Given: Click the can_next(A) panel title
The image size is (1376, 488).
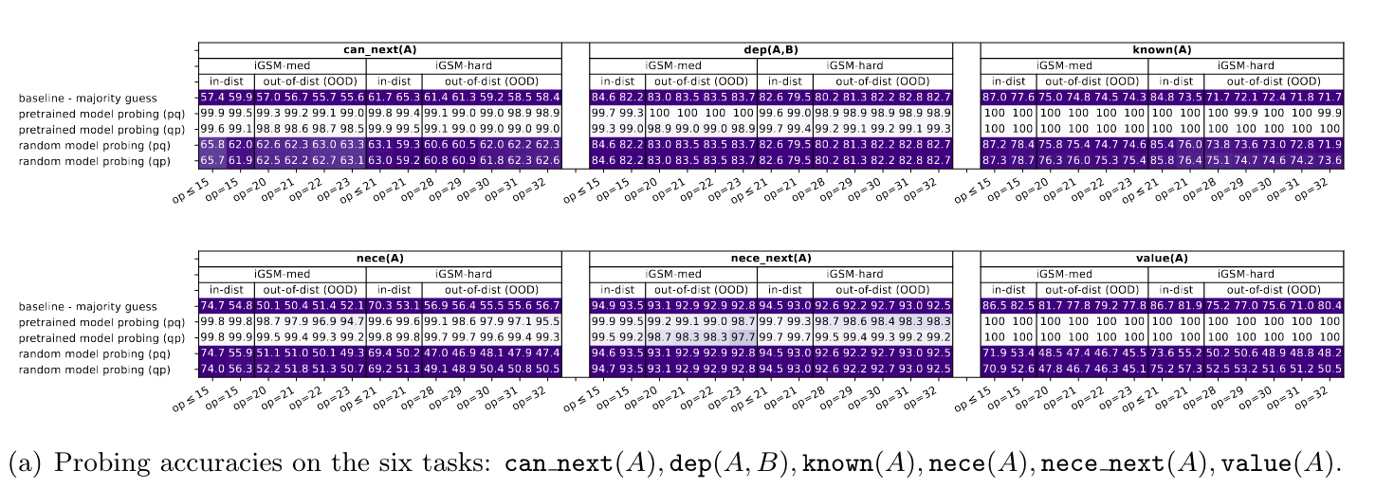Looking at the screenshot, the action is point(380,49).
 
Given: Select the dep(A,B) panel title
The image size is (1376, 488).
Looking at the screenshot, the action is point(771,49).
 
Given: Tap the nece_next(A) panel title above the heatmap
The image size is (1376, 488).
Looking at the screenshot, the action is point(771,259).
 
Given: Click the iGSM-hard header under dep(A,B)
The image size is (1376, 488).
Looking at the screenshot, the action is point(854,65).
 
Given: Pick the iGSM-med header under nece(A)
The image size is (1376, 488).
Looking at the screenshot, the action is point(282,274).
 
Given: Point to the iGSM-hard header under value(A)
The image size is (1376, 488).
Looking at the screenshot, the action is point(1246,274).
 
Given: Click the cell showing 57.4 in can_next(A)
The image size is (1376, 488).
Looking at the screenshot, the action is point(212,98).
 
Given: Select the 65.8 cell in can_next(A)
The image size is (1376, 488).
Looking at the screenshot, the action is point(212,146).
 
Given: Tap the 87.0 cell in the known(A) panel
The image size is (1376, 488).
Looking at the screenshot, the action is point(995,98).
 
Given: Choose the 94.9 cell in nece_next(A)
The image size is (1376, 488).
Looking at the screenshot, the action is point(603,306).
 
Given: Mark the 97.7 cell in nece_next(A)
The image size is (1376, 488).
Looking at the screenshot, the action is point(743,337).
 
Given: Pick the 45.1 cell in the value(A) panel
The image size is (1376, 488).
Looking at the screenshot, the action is point(1134,370).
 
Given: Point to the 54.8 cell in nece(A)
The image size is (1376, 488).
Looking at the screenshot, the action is point(240,306).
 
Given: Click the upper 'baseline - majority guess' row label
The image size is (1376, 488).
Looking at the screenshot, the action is point(88,99).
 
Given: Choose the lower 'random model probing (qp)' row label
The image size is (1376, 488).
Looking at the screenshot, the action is point(95,370).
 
